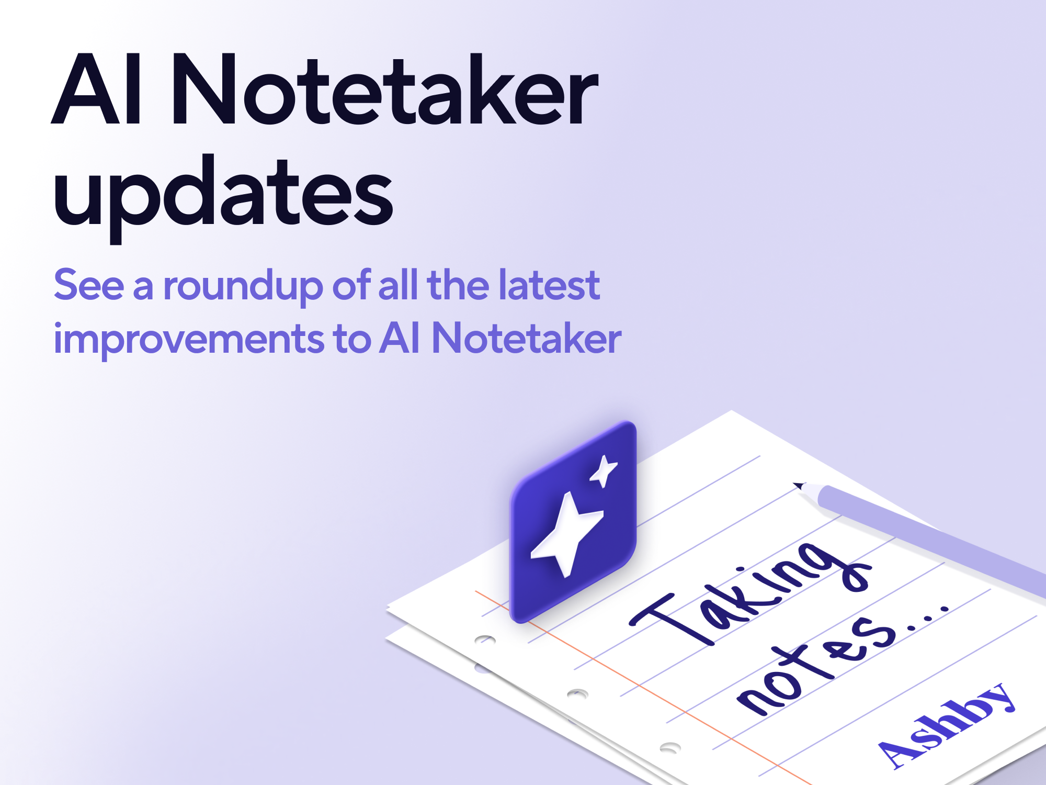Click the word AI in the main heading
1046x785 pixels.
pos(96,89)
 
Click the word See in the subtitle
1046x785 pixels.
pos(89,285)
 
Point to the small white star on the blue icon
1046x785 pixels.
pos(604,470)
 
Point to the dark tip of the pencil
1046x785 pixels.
pos(798,485)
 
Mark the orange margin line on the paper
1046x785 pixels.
pos(643,688)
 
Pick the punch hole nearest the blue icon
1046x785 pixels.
pos(485,640)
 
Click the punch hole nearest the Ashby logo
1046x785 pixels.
pos(670,748)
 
